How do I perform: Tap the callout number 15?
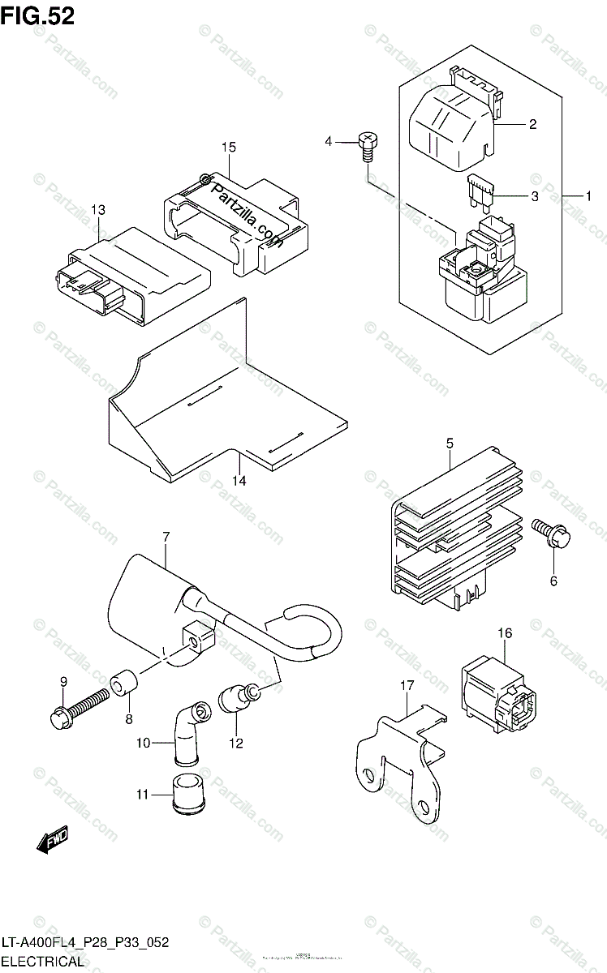pyautogui.click(x=228, y=147)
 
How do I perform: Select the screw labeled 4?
pyautogui.click(x=366, y=145)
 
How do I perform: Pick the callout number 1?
pyautogui.click(x=589, y=195)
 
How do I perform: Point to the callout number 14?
pyautogui.click(x=240, y=480)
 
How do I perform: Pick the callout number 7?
pyautogui.click(x=165, y=537)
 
